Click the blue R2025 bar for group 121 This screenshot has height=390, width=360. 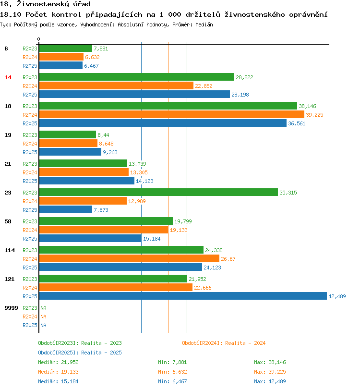(x=182, y=296)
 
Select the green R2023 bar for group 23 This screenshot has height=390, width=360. (x=158, y=192)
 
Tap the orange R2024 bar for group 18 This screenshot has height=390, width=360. (x=171, y=114)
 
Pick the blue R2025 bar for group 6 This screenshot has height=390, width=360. (x=60, y=65)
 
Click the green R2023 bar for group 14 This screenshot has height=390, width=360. (x=136, y=77)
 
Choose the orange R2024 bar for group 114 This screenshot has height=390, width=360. (x=129, y=258)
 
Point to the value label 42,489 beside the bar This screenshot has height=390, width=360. (x=337, y=296)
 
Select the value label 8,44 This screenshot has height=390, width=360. (x=103, y=135)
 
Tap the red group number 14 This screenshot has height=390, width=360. (x=8, y=77)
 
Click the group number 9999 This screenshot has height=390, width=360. (x=11, y=308)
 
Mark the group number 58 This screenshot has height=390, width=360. (x=8, y=221)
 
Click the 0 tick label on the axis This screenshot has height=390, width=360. (x=39, y=39)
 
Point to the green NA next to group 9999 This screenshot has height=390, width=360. (x=43, y=308)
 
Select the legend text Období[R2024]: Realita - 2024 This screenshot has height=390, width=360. (x=224, y=343)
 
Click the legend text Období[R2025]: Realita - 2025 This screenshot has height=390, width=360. (x=80, y=353)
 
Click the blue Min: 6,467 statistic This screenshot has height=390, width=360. (x=172, y=381)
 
